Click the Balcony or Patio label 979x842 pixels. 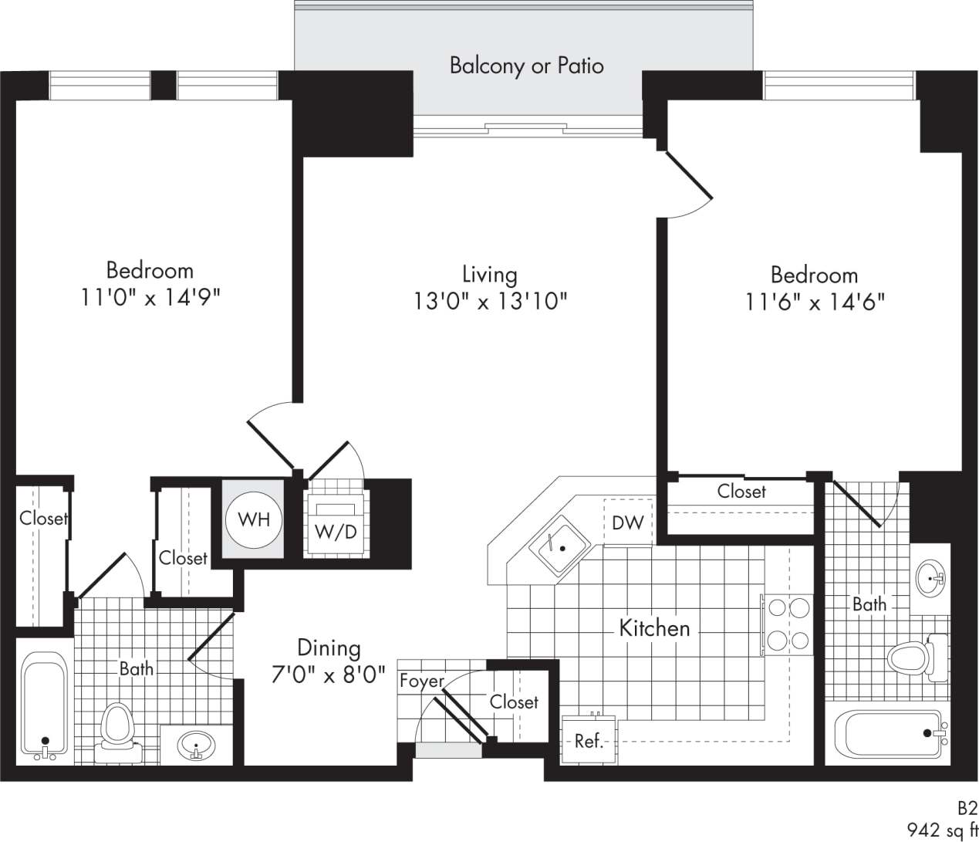click(x=526, y=66)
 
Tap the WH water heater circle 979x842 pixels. click(x=254, y=519)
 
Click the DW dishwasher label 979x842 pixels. click(x=627, y=523)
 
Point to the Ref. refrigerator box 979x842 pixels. click(x=589, y=740)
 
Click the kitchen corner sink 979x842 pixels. click(x=559, y=547)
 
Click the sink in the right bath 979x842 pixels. click(x=933, y=576)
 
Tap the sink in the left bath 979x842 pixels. click(x=195, y=746)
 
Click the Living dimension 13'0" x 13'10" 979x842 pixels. click(x=490, y=301)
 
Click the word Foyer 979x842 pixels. click(x=421, y=681)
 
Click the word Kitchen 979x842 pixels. click(x=654, y=628)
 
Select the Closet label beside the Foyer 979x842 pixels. click(x=514, y=702)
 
